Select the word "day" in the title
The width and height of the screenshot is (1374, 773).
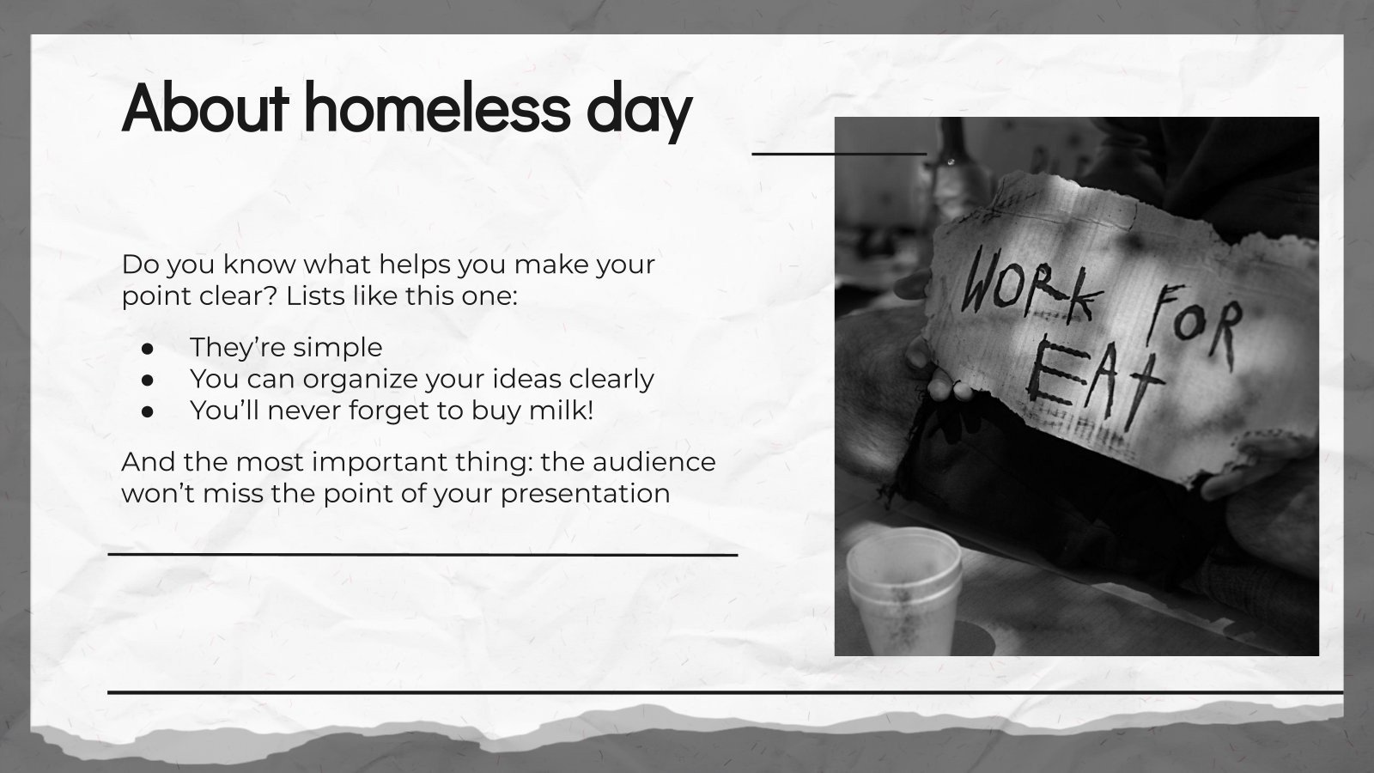(645, 110)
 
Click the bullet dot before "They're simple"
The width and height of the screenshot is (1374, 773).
(147, 348)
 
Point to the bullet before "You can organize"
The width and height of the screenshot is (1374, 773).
(147, 380)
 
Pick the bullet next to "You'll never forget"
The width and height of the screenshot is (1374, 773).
(147, 411)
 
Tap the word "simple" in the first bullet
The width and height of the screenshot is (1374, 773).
(337, 348)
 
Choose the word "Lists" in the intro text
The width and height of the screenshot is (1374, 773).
(319, 296)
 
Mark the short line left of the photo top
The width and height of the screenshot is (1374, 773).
(839, 154)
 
